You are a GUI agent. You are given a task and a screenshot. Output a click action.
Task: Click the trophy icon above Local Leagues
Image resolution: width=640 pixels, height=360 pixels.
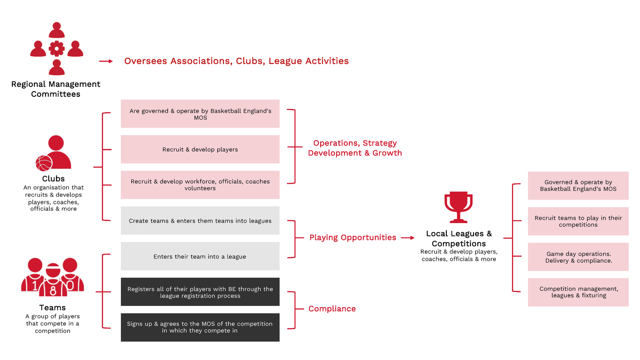click(458, 206)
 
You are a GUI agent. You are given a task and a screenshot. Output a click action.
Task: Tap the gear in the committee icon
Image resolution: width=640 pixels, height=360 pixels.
click(56, 49)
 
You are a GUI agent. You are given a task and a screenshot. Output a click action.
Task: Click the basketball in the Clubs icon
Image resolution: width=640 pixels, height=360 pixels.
click(44, 163)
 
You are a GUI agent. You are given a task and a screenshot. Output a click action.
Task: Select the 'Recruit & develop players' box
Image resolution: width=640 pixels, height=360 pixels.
click(200, 149)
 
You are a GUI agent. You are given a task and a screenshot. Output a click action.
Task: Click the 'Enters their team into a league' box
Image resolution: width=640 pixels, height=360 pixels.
click(200, 256)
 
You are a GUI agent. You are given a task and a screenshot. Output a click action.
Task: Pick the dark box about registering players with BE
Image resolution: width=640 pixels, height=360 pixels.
click(200, 292)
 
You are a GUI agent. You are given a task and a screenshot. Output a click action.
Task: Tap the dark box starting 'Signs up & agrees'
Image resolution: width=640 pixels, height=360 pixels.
click(200, 327)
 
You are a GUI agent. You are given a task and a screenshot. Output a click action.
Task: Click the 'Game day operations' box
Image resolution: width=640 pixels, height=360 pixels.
click(578, 257)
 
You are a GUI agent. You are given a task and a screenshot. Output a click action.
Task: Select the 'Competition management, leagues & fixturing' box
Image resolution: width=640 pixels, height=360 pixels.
click(578, 292)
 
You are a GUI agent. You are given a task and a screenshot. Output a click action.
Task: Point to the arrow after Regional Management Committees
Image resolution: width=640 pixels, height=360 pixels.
click(106, 61)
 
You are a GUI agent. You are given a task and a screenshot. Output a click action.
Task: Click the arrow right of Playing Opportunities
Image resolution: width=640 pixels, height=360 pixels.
click(408, 238)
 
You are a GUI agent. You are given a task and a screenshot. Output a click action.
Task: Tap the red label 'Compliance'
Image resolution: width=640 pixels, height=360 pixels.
click(332, 309)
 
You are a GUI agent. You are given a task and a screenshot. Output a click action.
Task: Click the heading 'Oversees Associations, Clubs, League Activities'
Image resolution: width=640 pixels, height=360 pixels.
click(236, 61)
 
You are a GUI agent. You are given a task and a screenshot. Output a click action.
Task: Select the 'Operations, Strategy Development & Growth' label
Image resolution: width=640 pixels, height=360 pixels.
click(355, 148)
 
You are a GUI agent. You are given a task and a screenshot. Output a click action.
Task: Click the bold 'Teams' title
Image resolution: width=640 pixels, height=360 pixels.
click(52, 308)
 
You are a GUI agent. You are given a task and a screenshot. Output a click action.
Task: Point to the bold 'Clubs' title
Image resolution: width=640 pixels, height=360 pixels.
click(53, 179)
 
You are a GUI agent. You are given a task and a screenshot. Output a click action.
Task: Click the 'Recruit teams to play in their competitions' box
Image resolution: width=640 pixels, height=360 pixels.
click(578, 221)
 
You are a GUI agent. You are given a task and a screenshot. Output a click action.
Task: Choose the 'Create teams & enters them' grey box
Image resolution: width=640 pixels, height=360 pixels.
click(200, 221)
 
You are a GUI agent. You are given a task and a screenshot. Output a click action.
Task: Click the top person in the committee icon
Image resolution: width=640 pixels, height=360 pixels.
click(57, 30)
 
